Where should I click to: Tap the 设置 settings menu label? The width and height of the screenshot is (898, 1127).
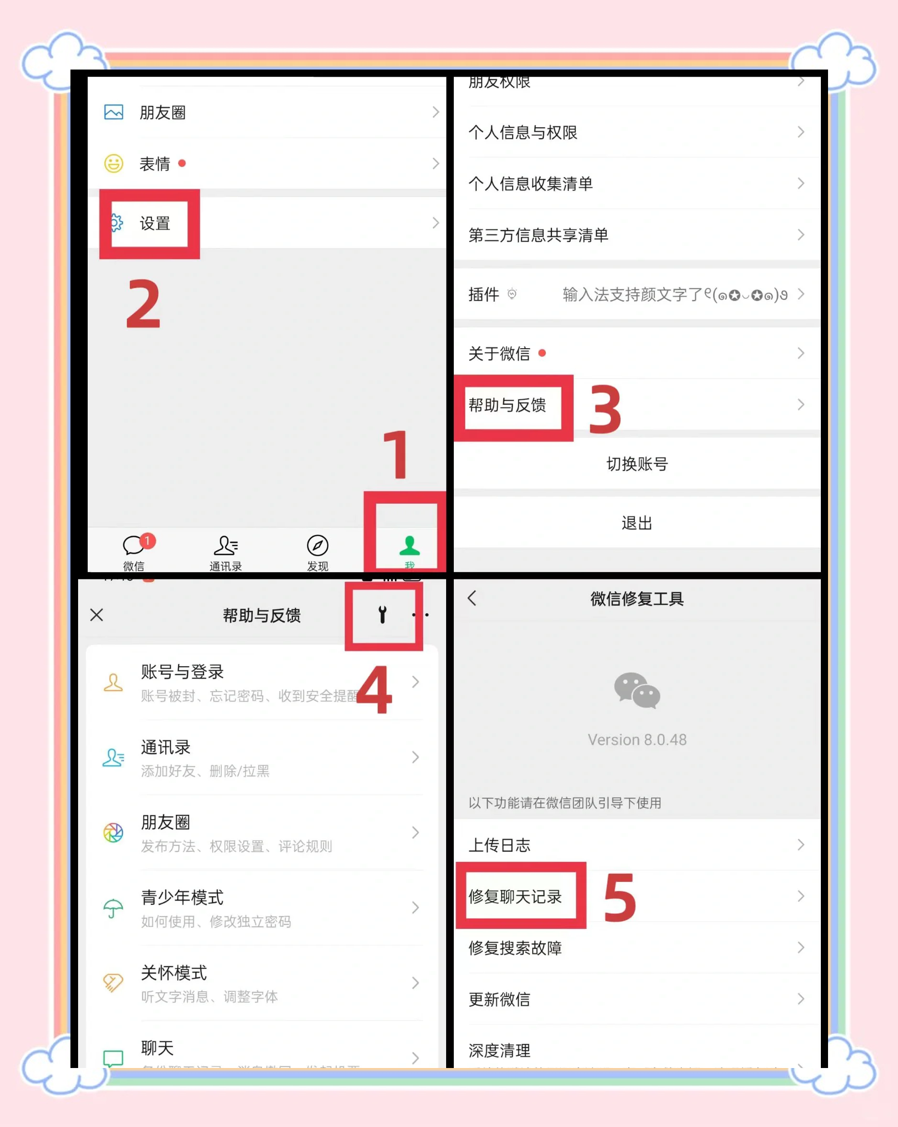(x=155, y=223)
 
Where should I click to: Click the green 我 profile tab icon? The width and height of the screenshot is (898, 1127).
(x=409, y=546)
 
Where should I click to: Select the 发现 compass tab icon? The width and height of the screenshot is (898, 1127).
(x=317, y=546)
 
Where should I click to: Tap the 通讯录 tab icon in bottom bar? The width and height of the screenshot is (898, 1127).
(x=226, y=546)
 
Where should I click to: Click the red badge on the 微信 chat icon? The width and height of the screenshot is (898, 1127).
(x=147, y=540)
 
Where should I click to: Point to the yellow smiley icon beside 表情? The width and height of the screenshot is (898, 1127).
(x=114, y=164)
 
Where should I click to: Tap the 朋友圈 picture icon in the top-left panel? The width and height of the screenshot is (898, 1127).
(x=114, y=112)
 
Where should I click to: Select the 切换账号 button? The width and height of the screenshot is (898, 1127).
(x=637, y=464)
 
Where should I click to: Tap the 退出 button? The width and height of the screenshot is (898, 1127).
(x=637, y=523)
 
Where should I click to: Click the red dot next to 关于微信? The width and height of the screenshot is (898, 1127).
(x=542, y=353)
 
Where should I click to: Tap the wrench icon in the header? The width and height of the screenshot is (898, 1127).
(x=382, y=615)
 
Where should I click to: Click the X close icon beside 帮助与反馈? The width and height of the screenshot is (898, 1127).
(x=97, y=615)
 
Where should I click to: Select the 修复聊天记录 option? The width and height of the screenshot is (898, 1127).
(x=515, y=896)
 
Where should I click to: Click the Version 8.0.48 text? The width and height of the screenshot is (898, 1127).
(x=637, y=740)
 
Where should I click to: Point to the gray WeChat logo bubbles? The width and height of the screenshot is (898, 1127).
(x=637, y=691)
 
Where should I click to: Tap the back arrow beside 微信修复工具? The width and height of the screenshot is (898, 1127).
(x=472, y=598)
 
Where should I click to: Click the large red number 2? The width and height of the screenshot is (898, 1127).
(x=143, y=304)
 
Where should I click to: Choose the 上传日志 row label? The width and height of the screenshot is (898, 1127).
(x=499, y=845)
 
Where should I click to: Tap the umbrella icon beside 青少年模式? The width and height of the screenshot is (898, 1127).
(x=113, y=908)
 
